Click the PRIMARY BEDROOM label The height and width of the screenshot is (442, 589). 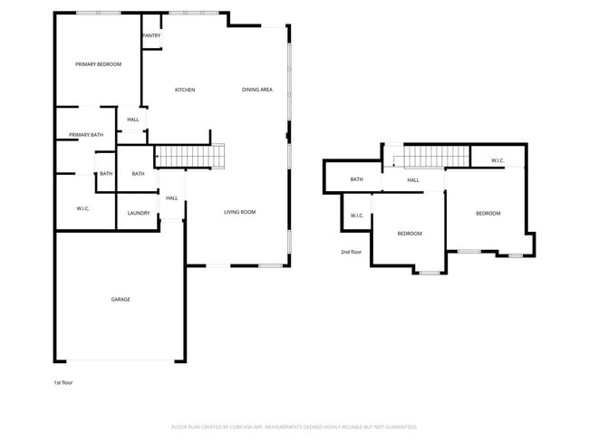pos(98,64)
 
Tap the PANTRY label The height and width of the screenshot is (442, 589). pos(151,36)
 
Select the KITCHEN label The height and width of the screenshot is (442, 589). pos(185,90)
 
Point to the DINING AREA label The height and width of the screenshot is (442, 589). pos(257,90)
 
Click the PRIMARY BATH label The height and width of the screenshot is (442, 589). pos(86,135)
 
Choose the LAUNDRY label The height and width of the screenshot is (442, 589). pos(139,213)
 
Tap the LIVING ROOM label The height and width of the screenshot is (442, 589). pos(240,212)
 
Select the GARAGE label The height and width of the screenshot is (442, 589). pos(121,300)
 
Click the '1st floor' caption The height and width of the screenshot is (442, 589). pos(63,383)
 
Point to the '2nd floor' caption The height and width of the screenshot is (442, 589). pos(351,252)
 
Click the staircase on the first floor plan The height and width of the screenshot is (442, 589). pos(189,157)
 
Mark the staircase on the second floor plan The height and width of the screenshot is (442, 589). pos(435,157)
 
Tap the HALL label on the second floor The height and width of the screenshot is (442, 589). pos(413,180)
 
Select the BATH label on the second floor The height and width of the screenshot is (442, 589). pos(357,179)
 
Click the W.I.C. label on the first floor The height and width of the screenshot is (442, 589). pos(82,209)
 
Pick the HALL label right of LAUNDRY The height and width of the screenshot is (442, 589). pos(171,198)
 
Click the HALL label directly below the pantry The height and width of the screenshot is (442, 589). pos(133,120)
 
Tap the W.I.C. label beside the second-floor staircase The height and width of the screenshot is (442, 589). pos(497,161)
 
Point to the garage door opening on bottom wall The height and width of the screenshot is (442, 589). pos(121,360)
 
